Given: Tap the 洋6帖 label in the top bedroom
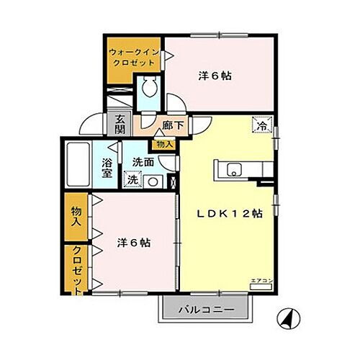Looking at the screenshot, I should coord(215,76).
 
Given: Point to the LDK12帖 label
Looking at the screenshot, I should coord(230,213).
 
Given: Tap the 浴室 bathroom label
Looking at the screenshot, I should coord(107,168).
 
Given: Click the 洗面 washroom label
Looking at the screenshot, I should coord(143,163).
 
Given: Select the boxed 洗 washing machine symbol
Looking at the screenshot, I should coord(132,180).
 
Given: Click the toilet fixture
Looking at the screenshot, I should coord(150,89).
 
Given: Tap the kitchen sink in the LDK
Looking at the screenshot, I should coord(234,171).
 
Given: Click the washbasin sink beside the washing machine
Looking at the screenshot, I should coord(152,181).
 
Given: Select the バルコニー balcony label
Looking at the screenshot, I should coord(205,310).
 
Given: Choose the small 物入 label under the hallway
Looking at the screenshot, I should coord(165,144).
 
